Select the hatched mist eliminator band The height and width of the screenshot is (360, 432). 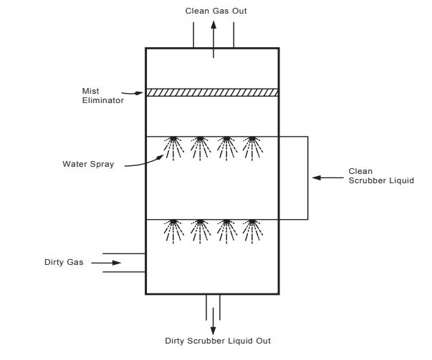pyautogui.click(x=212, y=92)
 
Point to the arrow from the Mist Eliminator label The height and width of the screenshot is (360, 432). pyautogui.click(x=133, y=92)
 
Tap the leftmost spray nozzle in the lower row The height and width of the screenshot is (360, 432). pyautogui.click(x=173, y=230)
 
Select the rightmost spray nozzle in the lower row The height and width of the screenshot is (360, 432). pyautogui.click(x=251, y=230)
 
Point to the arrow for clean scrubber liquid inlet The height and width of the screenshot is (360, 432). pyautogui.click(x=327, y=177)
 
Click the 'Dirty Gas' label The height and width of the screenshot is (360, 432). pyautogui.click(x=64, y=263)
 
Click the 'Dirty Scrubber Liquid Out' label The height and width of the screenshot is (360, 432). pyautogui.click(x=218, y=341)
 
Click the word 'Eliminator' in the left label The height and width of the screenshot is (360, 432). pyautogui.click(x=103, y=100)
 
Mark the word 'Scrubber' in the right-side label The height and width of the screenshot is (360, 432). pyautogui.click(x=365, y=181)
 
